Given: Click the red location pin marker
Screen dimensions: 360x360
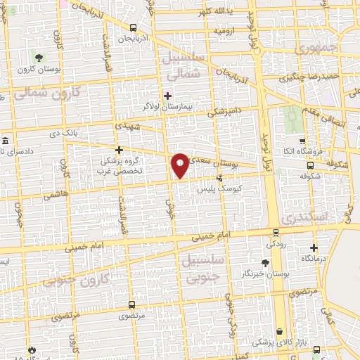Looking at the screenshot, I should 181,165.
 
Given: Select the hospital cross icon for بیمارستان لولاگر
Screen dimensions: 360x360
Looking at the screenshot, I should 167,95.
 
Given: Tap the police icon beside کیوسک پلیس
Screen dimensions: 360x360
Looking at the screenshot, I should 220,178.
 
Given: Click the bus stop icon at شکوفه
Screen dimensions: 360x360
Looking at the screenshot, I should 311,166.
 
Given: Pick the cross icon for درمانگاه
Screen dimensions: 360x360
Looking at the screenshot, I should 314,247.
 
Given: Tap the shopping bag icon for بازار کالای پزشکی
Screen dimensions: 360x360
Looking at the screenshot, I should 280,330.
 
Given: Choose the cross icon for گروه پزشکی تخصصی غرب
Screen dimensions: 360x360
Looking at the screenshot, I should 120,149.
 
